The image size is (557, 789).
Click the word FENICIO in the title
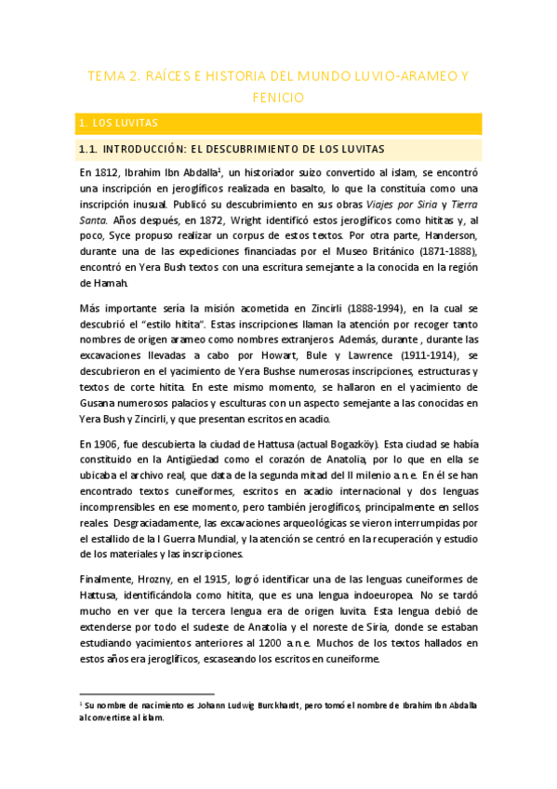[x=278, y=96]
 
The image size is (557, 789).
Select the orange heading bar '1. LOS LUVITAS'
[x=279, y=123]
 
